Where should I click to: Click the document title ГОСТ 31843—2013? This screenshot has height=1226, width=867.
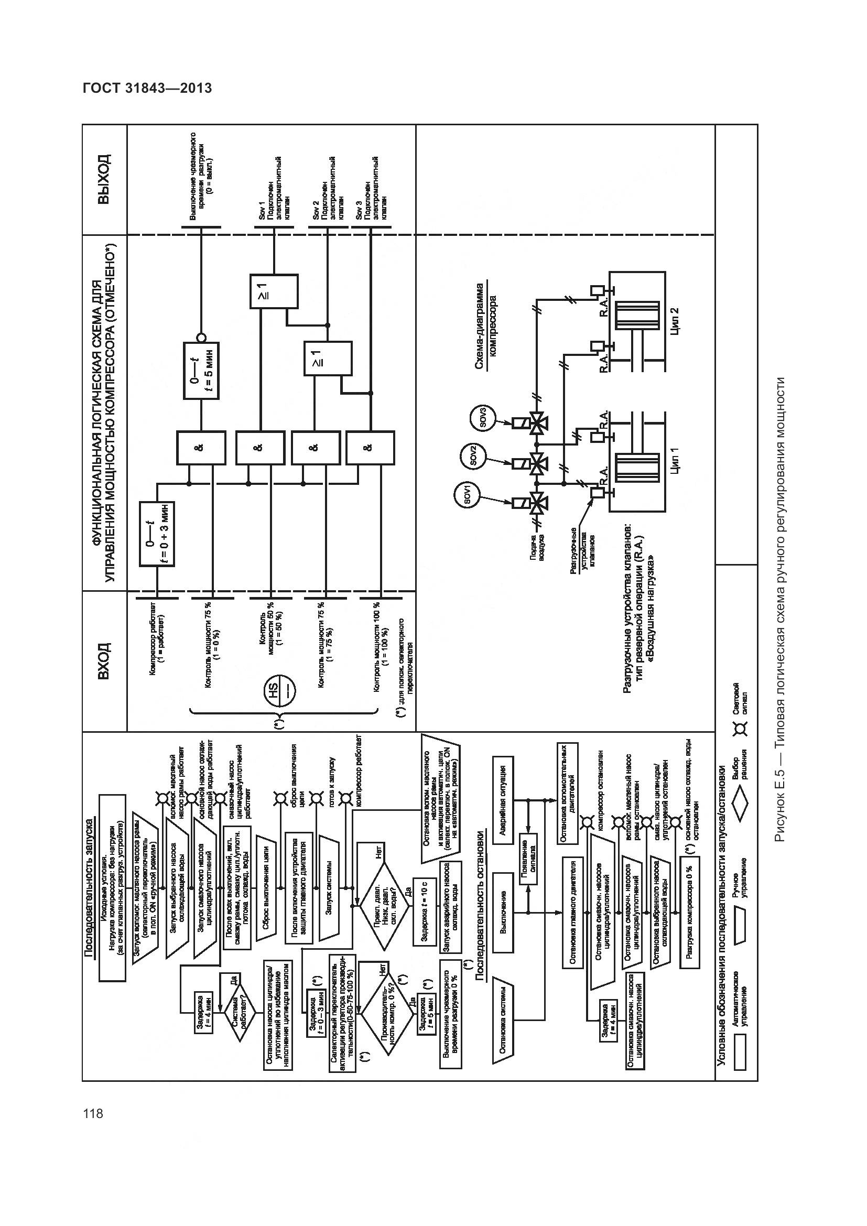click(x=147, y=89)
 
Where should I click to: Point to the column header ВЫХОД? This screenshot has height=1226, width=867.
click(x=105, y=179)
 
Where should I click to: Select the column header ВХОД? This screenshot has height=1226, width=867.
click(x=105, y=661)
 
